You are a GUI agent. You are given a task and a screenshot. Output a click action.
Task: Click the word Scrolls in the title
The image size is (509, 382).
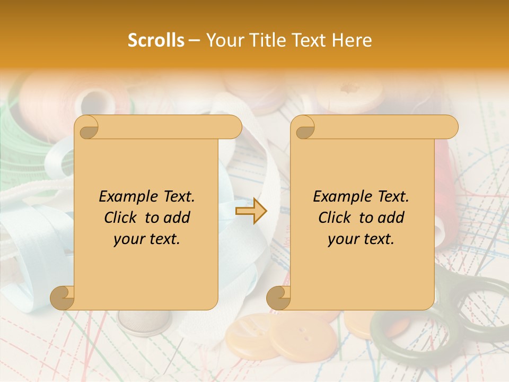156,40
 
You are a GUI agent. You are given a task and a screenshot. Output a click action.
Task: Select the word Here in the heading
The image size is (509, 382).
352,40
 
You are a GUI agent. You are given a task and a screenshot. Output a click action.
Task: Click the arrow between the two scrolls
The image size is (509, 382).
251,211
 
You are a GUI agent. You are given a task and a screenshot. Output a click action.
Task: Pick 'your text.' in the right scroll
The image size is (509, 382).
361,239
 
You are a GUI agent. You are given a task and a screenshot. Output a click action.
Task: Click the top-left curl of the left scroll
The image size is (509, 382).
87,128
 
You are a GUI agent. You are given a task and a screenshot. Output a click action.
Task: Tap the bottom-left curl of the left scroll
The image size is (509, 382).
63,298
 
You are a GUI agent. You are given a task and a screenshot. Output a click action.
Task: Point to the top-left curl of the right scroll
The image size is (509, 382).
303,128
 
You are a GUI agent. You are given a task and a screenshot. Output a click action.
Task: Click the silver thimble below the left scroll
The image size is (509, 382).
143,322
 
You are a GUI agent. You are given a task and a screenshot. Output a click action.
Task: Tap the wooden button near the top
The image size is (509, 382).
350,93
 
